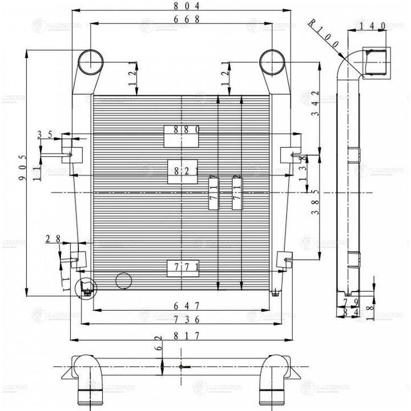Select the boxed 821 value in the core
182,171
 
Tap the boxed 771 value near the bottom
182,267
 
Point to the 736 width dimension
182,321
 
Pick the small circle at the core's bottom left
123,280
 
